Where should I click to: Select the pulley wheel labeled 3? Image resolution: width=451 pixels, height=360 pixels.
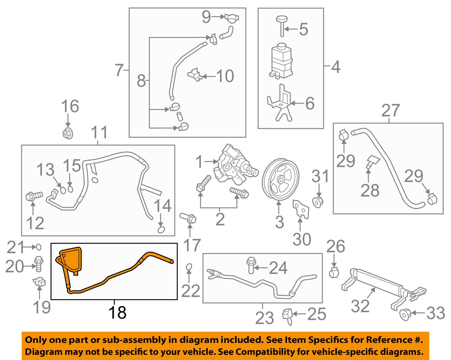point(280,180)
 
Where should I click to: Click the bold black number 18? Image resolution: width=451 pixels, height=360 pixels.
point(117,312)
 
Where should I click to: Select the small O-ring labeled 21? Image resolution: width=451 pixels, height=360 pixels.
point(39,247)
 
